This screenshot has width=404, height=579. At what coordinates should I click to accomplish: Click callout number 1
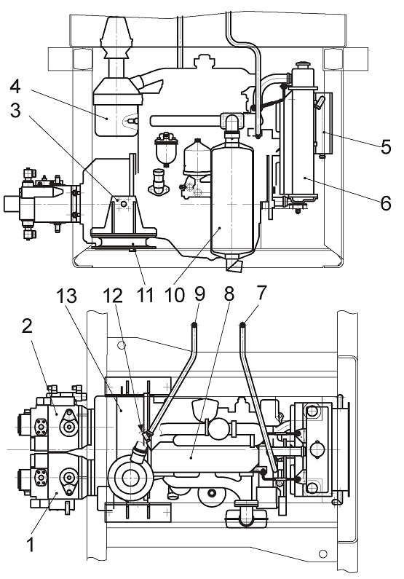(x=31, y=545)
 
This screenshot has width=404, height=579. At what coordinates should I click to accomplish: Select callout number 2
(x=27, y=326)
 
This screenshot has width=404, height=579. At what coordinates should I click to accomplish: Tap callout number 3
(x=15, y=110)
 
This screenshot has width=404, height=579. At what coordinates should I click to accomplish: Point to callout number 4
(x=15, y=87)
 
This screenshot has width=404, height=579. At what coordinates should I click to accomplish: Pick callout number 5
(x=386, y=146)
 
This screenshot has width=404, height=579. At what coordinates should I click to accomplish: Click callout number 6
(x=386, y=202)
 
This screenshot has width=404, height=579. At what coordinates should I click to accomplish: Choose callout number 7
(x=261, y=293)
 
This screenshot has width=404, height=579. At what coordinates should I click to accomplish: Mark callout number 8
(x=229, y=294)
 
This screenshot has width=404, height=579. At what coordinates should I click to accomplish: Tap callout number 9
(x=199, y=294)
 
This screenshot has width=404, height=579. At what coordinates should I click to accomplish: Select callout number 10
(x=173, y=295)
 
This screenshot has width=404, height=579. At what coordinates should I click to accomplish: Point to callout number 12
(x=113, y=296)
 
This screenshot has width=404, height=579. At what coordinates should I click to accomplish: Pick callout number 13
(x=67, y=296)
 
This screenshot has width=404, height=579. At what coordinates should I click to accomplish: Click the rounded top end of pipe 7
(x=243, y=325)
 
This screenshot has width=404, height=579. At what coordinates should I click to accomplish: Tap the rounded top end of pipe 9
(x=194, y=325)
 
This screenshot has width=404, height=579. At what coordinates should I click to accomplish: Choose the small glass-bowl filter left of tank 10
(x=167, y=148)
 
